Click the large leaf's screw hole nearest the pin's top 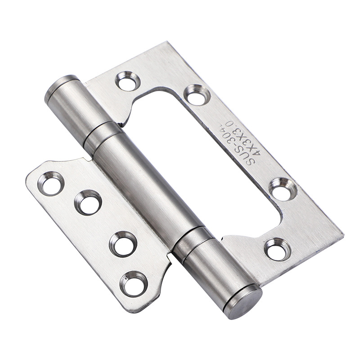click(x=128, y=81)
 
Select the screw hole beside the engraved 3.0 click(x=198, y=95)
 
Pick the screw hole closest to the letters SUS click(x=283, y=189)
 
